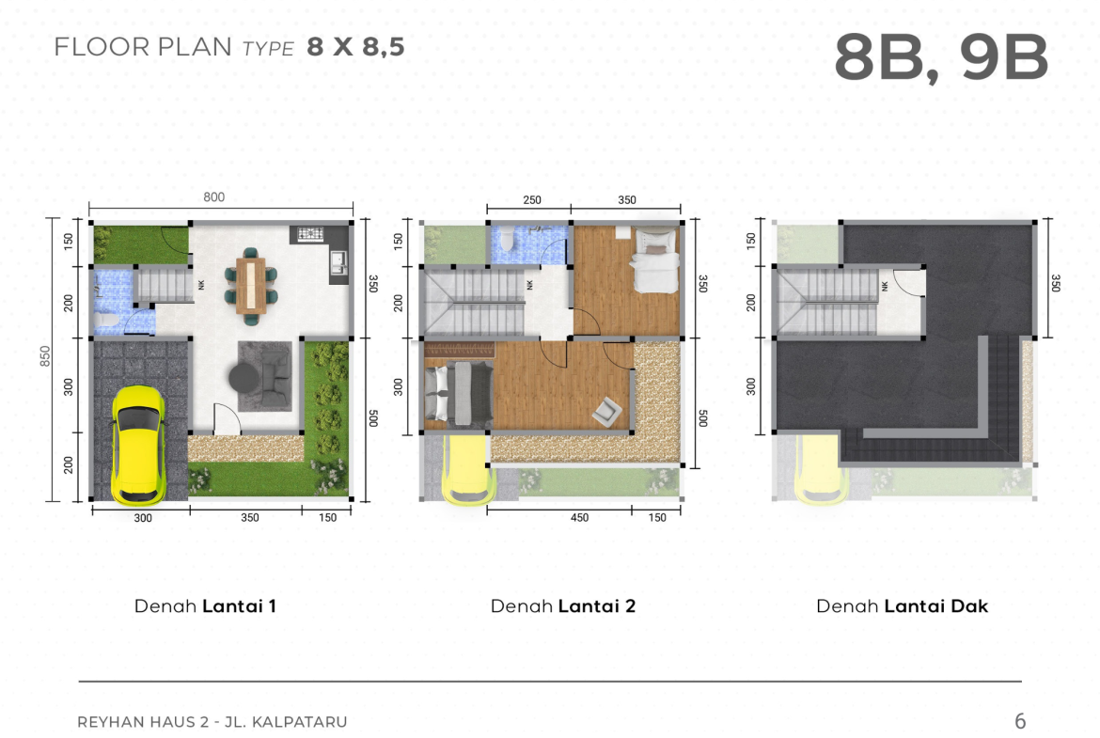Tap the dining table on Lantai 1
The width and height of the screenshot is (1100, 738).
click(250, 286)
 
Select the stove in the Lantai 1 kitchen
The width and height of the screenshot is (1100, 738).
click(309, 233)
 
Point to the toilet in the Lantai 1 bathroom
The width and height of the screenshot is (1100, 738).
click(106, 321)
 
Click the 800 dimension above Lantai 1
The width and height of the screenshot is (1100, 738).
click(214, 197)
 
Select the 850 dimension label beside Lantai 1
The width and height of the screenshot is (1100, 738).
click(45, 355)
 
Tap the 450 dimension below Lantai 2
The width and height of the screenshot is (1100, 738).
click(579, 518)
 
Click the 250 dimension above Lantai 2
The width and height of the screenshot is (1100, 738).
click(532, 200)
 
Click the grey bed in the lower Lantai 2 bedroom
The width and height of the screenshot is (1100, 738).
click(458, 393)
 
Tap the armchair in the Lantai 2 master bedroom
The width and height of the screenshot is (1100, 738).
click(606, 412)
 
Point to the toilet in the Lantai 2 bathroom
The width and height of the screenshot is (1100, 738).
click(507, 239)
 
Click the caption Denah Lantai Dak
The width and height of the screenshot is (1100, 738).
click(903, 606)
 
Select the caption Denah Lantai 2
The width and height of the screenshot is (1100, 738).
click(562, 606)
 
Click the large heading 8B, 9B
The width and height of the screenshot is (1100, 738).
click(941, 58)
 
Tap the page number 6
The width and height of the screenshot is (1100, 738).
click(1020, 721)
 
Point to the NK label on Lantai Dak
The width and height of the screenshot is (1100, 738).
click(885, 286)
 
